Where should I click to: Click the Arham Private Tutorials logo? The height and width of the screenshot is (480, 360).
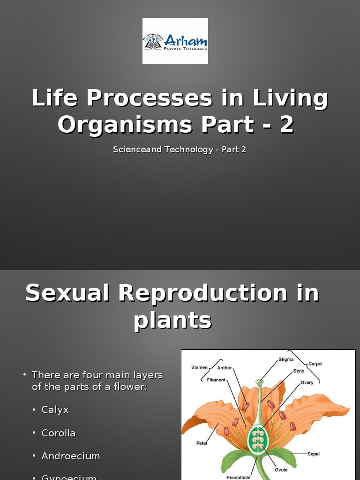pos(175,41)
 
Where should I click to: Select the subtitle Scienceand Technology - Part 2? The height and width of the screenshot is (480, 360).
pos(180,150)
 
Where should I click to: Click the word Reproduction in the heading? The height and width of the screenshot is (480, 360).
pos(202,293)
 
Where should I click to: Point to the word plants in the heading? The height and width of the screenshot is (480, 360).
pos(172,321)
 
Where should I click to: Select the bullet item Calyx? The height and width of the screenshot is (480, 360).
pos(55,410)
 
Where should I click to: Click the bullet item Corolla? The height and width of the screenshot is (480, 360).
pos(59,433)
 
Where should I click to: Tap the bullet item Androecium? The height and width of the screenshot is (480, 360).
pos(71,456)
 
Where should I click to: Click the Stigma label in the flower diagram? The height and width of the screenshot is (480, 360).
pos(286,360)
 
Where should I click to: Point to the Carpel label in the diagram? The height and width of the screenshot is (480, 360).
pos(315,364)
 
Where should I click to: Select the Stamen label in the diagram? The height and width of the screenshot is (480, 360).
pos(199,367)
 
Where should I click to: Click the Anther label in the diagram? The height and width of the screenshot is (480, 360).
pos(224,368)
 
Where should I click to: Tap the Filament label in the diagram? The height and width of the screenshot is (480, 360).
pos(216,380)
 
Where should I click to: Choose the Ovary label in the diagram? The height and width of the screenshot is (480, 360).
pos(307,382)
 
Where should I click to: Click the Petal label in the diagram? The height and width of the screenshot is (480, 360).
pos(202,442)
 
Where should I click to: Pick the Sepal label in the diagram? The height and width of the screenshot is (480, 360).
pos(314,454)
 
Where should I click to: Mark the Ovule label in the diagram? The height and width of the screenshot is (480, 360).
pos(281,469)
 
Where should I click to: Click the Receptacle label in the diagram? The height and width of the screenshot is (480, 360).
pos(238,477)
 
